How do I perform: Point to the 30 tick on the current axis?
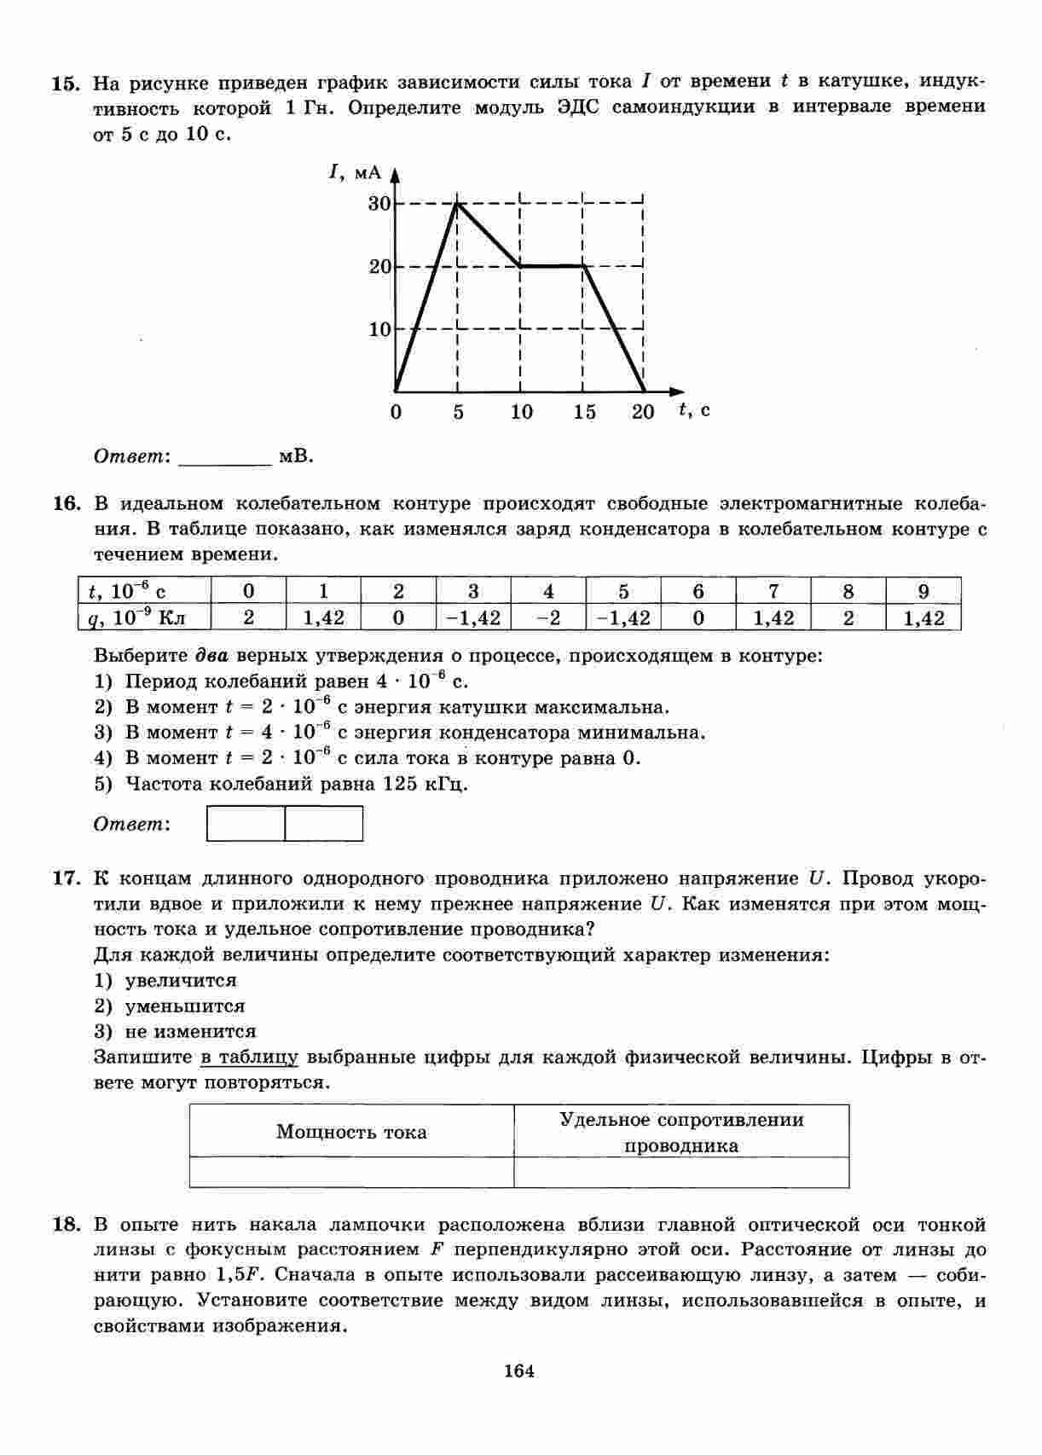tap(379, 203)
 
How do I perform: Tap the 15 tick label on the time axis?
tap(584, 413)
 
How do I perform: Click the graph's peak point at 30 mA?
tap(458, 203)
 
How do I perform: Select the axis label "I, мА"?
tap(355, 172)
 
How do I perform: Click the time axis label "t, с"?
tap(694, 410)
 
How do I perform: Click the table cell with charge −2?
tap(548, 617)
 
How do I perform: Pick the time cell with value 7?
tap(773, 591)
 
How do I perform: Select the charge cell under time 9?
tap(923, 617)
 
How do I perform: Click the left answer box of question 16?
tap(246, 824)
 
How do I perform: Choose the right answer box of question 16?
tap(324, 824)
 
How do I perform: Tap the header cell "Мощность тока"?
tap(351, 1132)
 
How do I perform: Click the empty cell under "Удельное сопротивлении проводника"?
tap(681, 1172)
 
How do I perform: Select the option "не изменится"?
tap(190, 1032)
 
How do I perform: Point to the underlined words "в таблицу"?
tap(250, 1058)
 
